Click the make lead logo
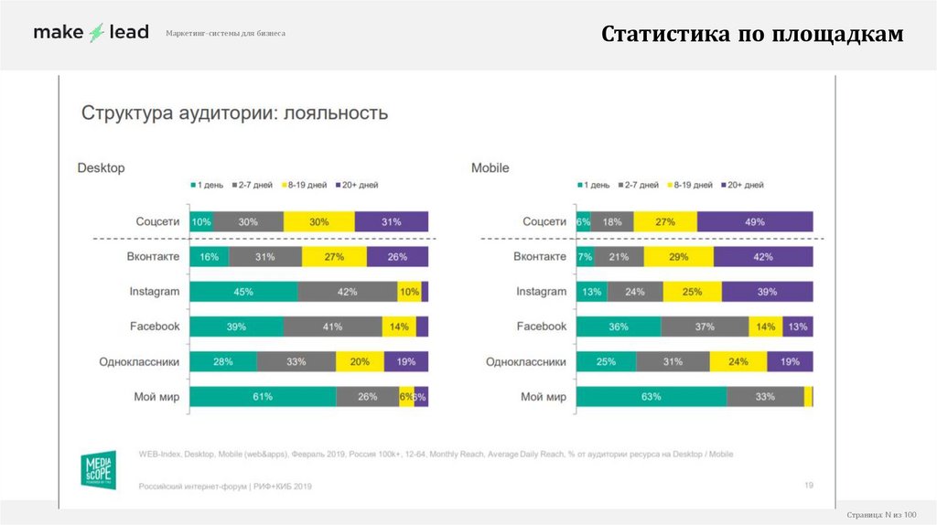pyautogui.click(x=91, y=32)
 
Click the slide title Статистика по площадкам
pyautogui.click(x=752, y=34)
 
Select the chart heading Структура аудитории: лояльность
pyautogui.click(x=235, y=113)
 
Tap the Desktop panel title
pyautogui.click(x=101, y=168)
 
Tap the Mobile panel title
pyautogui.click(x=490, y=168)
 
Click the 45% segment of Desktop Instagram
pyautogui.click(x=243, y=292)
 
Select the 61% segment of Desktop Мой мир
pyautogui.click(x=263, y=396)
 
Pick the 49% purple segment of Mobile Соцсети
pyautogui.click(x=755, y=221)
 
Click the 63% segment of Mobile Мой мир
pyautogui.click(x=652, y=396)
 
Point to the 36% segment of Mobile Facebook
pyautogui.click(x=619, y=327)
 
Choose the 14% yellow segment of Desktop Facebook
pyautogui.click(x=399, y=327)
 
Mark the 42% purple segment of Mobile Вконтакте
pyautogui.click(x=763, y=257)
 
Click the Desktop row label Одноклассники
pyautogui.click(x=139, y=362)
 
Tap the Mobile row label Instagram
pyautogui.click(x=541, y=292)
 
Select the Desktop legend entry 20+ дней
pyautogui.click(x=358, y=185)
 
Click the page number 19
pyautogui.click(x=808, y=485)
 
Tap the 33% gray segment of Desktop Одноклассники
pyautogui.click(x=296, y=361)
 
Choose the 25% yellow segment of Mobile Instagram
pyautogui.click(x=693, y=292)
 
